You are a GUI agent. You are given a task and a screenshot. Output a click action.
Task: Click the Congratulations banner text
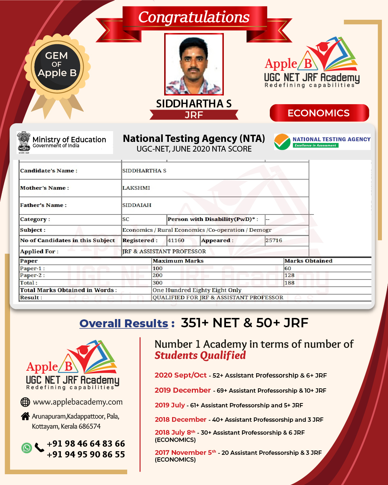click(194, 17)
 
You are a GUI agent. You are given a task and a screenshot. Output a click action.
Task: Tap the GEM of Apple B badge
click(57, 66)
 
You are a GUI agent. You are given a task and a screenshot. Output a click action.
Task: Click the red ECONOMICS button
click(319, 113)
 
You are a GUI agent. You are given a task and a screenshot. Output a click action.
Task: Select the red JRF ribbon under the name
click(194, 115)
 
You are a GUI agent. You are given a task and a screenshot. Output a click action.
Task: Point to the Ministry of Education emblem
click(24, 142)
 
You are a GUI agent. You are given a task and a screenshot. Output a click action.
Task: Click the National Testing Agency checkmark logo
click(282, 142)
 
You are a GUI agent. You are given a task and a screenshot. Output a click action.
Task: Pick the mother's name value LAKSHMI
click(136, 188)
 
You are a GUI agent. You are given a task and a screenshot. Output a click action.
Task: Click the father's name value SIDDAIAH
click(137, 205)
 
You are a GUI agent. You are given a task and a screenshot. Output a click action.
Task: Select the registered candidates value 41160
click(176, 240)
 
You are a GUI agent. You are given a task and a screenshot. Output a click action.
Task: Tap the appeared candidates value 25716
click(274, 240)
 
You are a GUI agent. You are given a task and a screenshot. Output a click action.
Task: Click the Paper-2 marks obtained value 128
click(289, 275)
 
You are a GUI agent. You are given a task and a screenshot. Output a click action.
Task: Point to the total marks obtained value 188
click(289, 283)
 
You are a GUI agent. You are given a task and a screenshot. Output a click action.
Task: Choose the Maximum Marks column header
click(178, 261)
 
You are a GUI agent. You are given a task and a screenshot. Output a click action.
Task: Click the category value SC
click(126, 219)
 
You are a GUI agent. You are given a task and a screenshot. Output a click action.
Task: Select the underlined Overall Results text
click(124, 323)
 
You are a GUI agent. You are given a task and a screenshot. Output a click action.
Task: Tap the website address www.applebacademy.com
click(78, 402)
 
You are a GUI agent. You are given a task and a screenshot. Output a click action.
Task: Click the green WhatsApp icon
click(27, 448)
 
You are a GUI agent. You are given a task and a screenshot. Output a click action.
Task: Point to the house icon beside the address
click(25, 416)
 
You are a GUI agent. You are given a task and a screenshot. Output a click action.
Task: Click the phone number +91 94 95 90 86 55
click(86, 454)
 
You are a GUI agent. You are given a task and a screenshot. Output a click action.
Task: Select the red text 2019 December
click(183, 390)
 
